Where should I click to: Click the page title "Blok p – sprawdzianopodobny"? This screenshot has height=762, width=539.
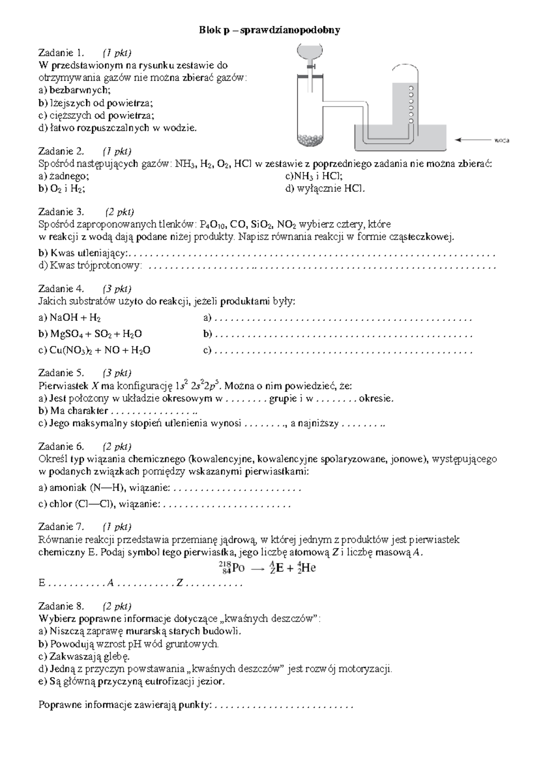269,30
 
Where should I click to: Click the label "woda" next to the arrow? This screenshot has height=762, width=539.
502,140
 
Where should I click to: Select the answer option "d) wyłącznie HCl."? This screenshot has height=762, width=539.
325,189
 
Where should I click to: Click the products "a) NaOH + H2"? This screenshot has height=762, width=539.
70,318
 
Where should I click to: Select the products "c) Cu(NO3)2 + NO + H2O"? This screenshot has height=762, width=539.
94,350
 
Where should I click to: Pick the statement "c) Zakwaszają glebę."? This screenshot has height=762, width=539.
84,656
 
